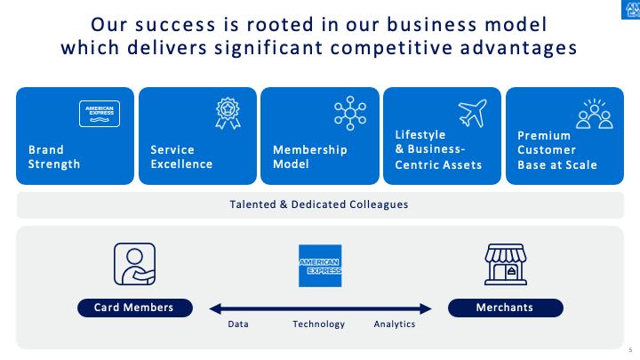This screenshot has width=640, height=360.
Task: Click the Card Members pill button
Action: [133, 308]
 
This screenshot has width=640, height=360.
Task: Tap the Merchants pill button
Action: [505, 308]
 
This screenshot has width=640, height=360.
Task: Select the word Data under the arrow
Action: [238, 324]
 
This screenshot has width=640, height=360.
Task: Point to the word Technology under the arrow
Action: [318, 324]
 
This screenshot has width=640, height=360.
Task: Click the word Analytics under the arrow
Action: [395, 324]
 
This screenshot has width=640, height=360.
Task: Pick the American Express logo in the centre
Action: [320, 265]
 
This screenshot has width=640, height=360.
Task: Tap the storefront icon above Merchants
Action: [506, 264]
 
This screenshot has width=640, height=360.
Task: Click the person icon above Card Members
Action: [134, 264]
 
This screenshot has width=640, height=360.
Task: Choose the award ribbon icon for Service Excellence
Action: [228, 113]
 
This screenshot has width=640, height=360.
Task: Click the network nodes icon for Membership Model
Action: [350, 113]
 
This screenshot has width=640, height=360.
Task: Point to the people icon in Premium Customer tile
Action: [595, 114]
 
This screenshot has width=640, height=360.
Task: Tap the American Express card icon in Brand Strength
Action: [100, 114]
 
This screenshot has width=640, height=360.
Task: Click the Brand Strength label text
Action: [54, 157]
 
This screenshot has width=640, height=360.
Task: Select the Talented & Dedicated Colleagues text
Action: [319, 204]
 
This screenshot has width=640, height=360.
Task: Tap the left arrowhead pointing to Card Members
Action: [214, 309]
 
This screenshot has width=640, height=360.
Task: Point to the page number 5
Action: [629, 349]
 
